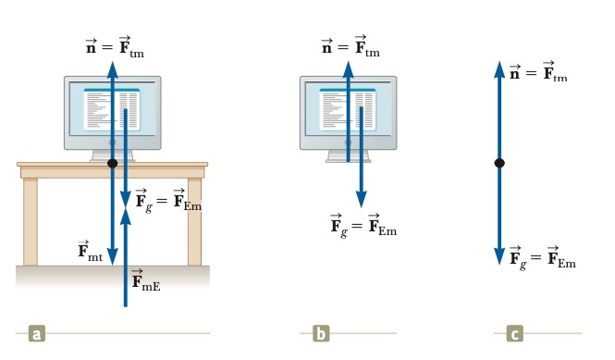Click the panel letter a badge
click(x=37, y=334)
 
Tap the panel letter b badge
click(x=321, y=334)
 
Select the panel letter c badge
click(x=514, y=334)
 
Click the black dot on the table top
click(x=113, y=163)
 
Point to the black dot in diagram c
click(x=499, y=163)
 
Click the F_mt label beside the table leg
click(x=91, y=251)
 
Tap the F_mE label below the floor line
click(x=145, y=279)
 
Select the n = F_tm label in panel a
click(x=115, y=47)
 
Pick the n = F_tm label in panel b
click(x=351, y=46)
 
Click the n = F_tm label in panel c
click(x=538, y=71)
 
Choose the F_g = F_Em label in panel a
click(x=168, y=201)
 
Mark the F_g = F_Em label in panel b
click(x=363, y=226)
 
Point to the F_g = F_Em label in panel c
click(x=543, y=258)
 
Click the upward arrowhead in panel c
click(x=499, y=70)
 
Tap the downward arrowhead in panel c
click(x=499, y=256)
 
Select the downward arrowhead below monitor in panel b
click(x=362, y=199)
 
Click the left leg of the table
click(x=31, y=221)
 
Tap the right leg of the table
click(x=194, y=221)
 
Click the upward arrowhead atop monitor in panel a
click(x=113, y=70)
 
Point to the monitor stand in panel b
click(x=349, y=155)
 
